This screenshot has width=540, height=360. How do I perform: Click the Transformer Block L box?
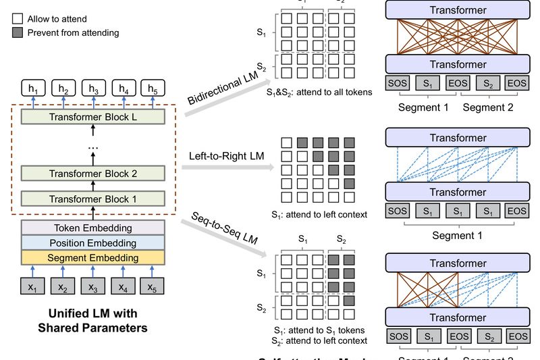point(92,117)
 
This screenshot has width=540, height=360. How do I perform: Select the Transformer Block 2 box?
point(92,174)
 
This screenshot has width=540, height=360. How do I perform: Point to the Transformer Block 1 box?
point(92,199)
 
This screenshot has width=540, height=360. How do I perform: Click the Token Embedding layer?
point(92,228)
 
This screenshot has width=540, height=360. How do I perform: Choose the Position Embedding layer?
point(92,242)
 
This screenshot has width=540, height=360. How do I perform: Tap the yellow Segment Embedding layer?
point(92,257)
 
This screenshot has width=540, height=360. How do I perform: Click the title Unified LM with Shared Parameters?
point(92,322)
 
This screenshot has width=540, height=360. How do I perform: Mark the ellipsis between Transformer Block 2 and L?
point(92,147)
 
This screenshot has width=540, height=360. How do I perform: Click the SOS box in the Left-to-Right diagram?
point(398,211)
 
